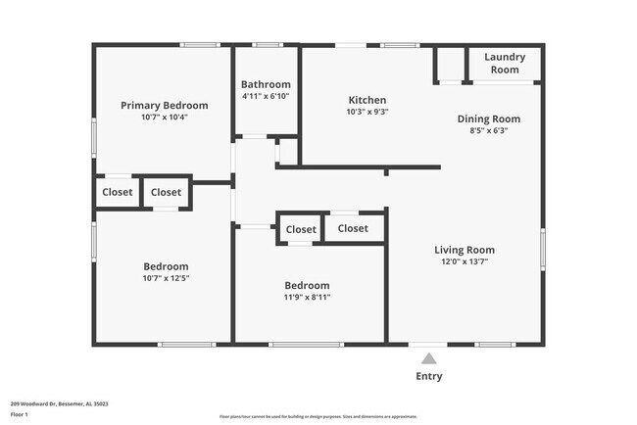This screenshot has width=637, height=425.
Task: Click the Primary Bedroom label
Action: click(x=164, y=105)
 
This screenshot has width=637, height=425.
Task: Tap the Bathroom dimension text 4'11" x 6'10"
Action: click(x=266, y=96)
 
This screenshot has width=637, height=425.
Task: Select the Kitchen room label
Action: click(x=367, y=100)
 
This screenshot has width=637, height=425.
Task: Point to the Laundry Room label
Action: click(x=505, y=63)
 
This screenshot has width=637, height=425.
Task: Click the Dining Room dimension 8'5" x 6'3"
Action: click(x=488, y=130)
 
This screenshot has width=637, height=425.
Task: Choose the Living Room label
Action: click(x=464, y=250)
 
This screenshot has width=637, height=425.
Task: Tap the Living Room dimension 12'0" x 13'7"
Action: click(x=464, y=261)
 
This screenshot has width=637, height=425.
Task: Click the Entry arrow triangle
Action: click(x=428, y=358)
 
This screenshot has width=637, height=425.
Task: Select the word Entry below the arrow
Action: click(x=428, y=376)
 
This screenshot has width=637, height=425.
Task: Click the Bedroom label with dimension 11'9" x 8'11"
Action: click(x=306, y=285)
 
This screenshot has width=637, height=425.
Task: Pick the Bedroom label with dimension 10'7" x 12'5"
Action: click(x=166, y=266)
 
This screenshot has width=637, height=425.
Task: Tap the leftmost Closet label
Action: click(x=118, y=192)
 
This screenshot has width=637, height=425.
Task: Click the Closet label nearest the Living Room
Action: click(x=353, y=228)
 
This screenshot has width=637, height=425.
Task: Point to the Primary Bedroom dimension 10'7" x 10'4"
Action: click(x=164, y=117)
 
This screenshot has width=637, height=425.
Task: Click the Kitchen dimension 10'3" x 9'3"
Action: click(x=367, y=112)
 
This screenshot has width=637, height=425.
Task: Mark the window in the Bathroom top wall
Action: click(x=266, y=44)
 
